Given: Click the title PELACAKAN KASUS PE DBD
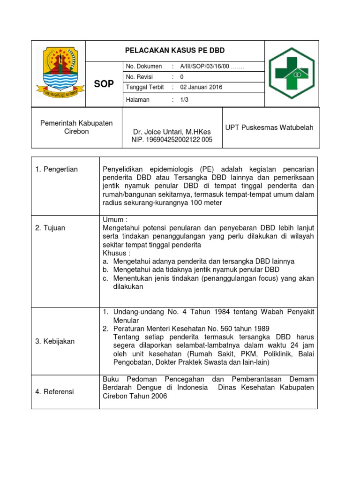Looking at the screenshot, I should [174, 51].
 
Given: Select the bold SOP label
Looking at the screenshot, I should [104, 84].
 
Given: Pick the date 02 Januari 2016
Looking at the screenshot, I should [201, 87].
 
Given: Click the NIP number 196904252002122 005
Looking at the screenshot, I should [172, 140].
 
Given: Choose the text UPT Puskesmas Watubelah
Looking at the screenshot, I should [270, 127].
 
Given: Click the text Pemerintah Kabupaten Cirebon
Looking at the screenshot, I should [76, 127].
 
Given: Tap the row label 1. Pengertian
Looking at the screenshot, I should [57, 169].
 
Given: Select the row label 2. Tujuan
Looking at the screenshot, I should [51, 228].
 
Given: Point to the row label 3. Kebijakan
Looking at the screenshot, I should [55, 341].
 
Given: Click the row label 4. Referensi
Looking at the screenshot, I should [55, 391].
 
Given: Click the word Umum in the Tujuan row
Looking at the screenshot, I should [112, 219].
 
